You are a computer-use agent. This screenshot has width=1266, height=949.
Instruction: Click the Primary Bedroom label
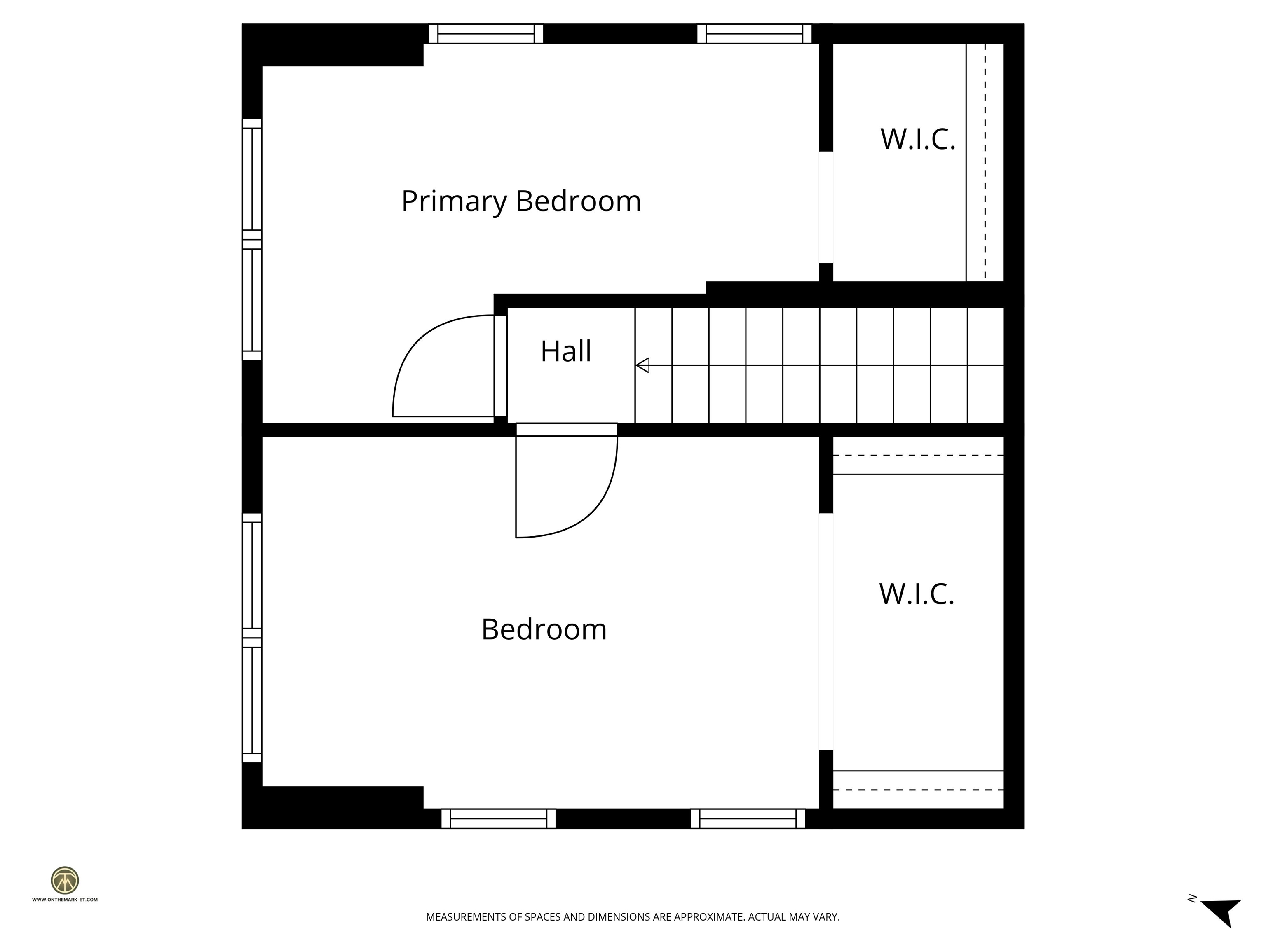[x=521, y=201]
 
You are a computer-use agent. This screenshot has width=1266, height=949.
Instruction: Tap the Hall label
[x=565, y=351]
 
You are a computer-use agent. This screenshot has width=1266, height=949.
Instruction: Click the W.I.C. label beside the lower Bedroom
[x=916, y=594]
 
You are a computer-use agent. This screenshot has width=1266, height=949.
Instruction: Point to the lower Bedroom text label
[x=544, y=629]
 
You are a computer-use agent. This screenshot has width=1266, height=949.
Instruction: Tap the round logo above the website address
[x=65, y=880]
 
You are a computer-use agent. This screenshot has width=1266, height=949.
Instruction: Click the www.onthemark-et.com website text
[x=65, y=899]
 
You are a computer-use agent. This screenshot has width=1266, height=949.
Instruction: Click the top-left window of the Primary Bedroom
[x=485, y=34]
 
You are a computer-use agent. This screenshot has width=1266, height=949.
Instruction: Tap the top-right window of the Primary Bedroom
[x=754, y=34]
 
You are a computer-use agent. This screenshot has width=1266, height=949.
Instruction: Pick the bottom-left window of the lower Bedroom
[x=498, y=818]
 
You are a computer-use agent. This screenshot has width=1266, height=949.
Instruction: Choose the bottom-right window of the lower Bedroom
[x=748, y=818]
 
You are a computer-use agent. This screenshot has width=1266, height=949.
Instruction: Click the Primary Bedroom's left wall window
[x=252, y=239]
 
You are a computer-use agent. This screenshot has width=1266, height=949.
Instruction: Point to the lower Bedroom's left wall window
[x=252, y=638]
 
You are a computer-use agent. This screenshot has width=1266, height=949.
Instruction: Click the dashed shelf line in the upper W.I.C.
[x=985, y=162]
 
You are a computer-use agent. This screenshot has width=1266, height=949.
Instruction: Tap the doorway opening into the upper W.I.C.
[x=826, y=207]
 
